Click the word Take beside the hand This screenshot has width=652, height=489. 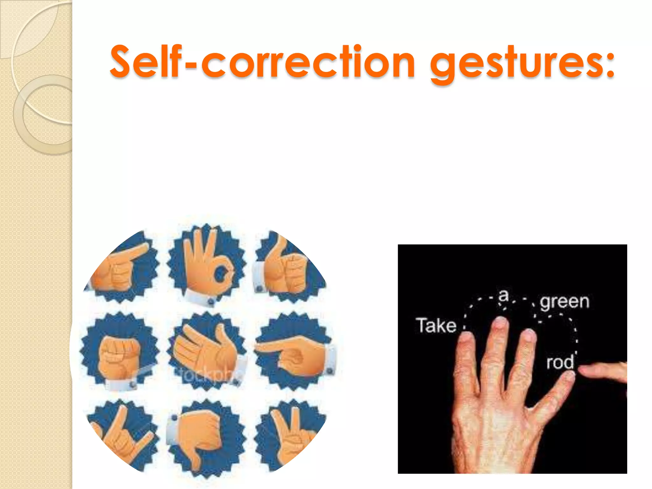point(436,325)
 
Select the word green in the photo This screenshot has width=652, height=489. point(564,301)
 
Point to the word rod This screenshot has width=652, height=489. point(560,362)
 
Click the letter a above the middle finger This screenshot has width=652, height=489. point(503,295)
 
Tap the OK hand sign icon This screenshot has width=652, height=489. point(207,264)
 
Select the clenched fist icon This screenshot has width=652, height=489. point(119,352)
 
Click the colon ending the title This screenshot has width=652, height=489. point(610,64)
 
